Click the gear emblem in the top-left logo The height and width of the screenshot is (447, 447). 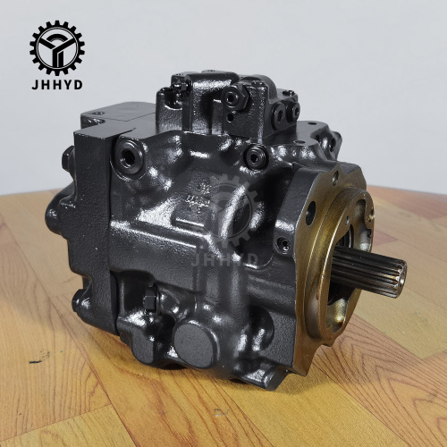tap(57, 48)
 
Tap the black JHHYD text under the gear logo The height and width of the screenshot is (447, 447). tap(57, 85)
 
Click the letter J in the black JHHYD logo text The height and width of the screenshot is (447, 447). tap(35, 85)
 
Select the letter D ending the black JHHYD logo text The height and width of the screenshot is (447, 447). tap(78, 85)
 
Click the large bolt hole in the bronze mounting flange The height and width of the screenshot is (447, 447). tap(311, 211)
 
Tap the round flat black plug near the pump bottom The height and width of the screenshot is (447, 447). tap(192, 343)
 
